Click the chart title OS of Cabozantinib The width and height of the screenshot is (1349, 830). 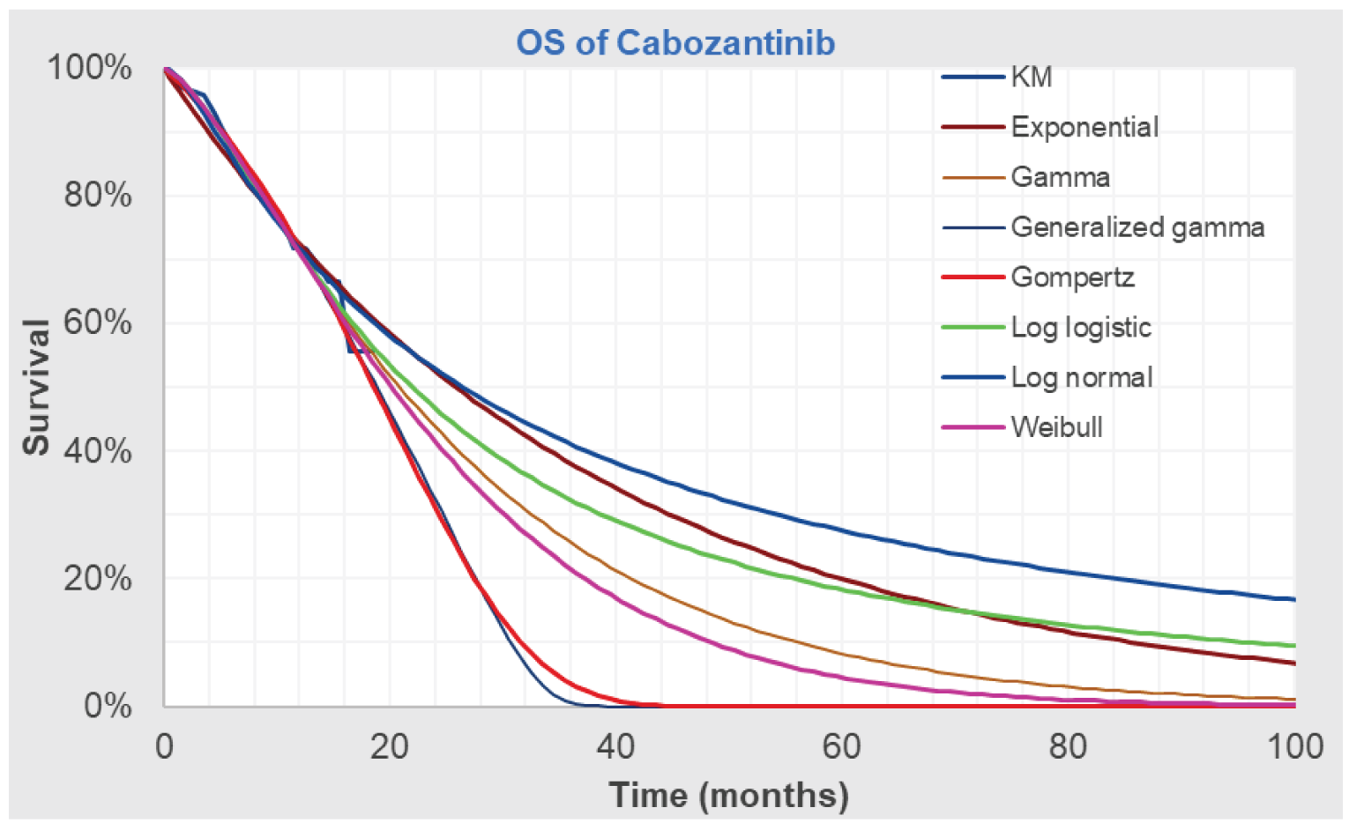pos(674,42)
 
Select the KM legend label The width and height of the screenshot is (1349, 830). pos(1031,78)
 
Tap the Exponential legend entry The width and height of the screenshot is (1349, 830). pos(1084,127)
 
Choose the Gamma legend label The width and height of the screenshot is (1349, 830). pos(1060,177)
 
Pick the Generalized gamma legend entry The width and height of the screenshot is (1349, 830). pos(1137,227)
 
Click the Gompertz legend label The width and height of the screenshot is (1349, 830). pos(1072,278)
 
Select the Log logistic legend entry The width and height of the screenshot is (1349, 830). pos(1081,328)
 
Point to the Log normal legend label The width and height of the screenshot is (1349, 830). pos(1082,378)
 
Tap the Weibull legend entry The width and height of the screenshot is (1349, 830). pos(1056,427)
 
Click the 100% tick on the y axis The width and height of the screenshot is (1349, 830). pos(89,68)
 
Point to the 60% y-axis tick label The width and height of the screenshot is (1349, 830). pos(97,322)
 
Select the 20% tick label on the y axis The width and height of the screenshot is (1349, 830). pos(97,579)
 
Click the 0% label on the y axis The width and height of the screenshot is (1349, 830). pos(108,706)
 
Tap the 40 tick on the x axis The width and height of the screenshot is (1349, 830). pos(615,747)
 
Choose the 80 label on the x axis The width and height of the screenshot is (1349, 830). pos(1068,747)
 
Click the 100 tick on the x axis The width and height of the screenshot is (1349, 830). pos(1294,747)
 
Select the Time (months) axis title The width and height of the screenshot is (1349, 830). pos(728,795)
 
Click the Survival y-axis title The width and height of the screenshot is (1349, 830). pos(37,387)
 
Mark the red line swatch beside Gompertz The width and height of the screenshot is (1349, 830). pos(973,278)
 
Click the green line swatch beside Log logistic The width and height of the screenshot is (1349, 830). pos(973,328)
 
